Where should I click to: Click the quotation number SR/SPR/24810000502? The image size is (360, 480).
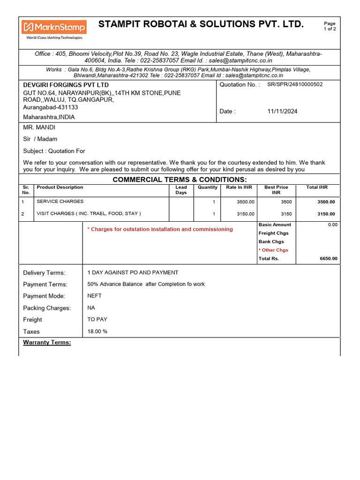[295, 84]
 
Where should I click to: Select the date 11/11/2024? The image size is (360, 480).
[282, 112]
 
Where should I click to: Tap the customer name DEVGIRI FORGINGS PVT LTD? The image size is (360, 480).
[66, 85]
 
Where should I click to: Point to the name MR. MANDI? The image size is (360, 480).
[39, 127]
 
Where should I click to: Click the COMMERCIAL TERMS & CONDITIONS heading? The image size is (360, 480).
[180, 180]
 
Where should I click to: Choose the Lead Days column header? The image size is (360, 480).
[181, 190]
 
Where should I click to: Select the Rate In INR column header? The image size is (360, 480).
[239, 187]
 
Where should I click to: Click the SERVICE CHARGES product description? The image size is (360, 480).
[60, 202]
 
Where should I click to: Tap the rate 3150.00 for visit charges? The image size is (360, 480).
[246, 214]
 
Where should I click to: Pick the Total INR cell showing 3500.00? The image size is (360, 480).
[326, 202]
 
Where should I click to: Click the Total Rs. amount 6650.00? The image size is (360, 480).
[328, 259]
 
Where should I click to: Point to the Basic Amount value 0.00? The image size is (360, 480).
[332, 225]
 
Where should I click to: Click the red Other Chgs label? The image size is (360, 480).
[274, 250]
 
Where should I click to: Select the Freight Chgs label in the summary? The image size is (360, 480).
[274, 233]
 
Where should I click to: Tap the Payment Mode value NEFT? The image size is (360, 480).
[94, 296]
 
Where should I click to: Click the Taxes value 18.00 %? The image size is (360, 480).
[97, 331]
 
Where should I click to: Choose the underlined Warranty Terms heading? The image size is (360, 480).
[47, 343]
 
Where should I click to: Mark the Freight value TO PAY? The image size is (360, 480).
[97, 319]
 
